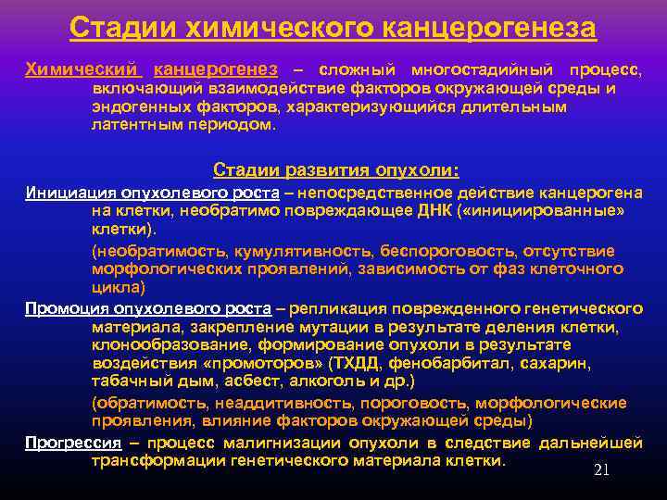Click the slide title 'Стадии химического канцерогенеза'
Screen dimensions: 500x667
click(x=333, y=28)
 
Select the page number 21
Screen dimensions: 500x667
click(x=601, y=469)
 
